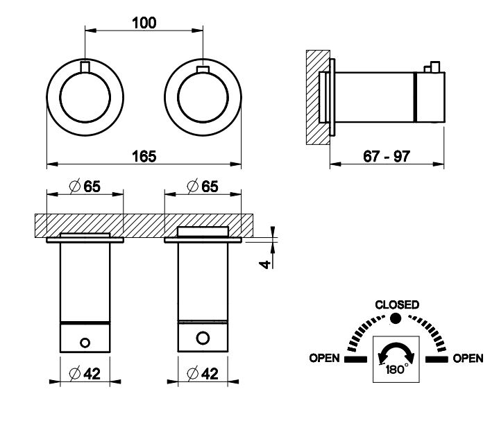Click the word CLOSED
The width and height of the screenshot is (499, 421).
(396, 304)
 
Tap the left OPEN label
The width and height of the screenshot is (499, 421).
(324, 359)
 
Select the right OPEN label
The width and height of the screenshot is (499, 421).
(467, 359)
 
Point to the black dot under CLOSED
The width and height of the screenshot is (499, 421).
(396, 318)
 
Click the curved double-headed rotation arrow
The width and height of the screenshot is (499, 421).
(396, 352)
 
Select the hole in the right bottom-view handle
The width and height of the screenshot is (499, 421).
(203, 338)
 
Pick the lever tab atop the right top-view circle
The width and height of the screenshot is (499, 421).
(203, 69)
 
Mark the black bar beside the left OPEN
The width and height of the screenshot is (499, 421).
(354, 359)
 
